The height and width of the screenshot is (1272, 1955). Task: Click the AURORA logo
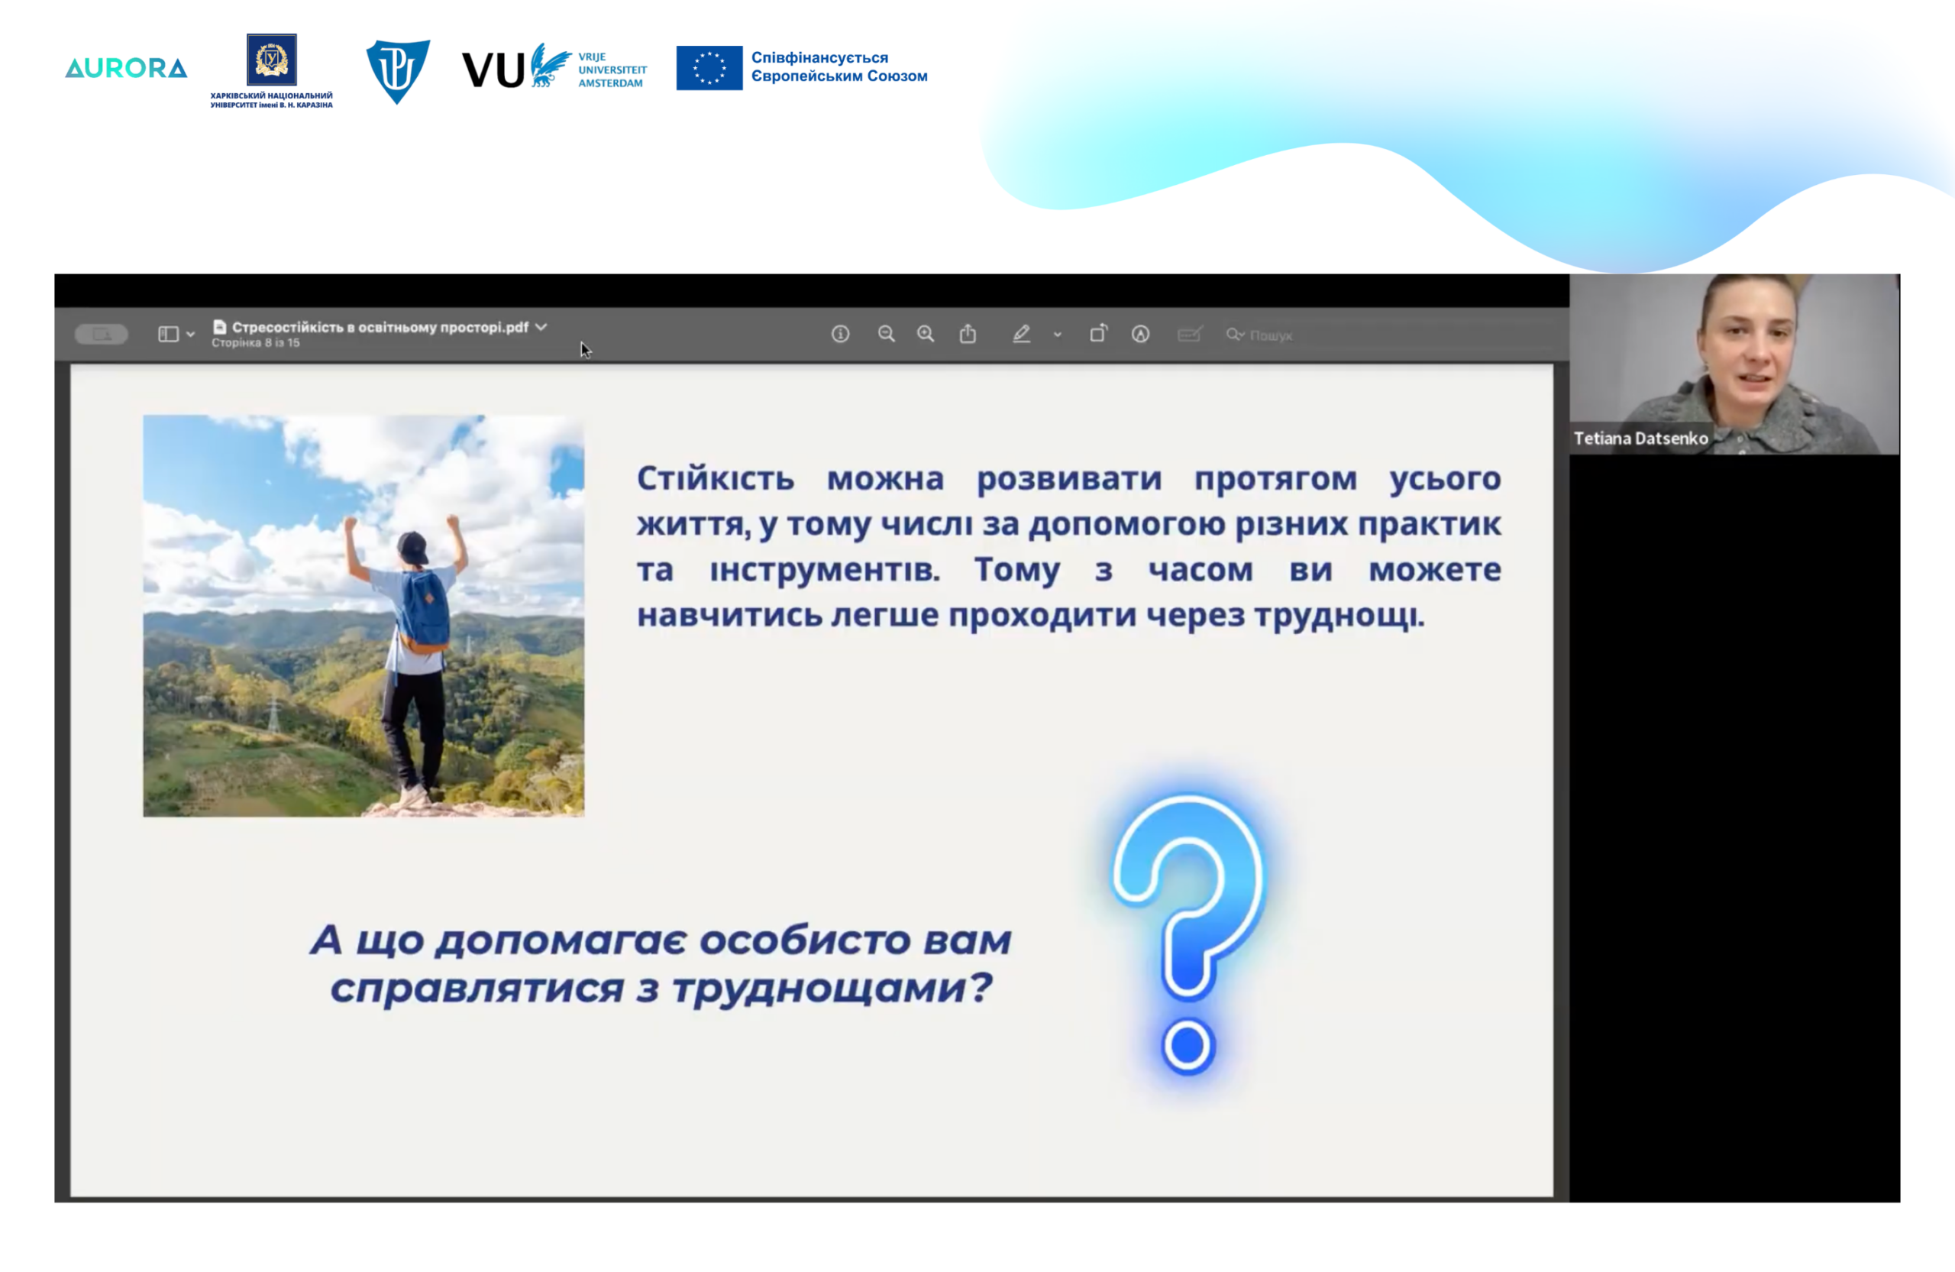click(126, 68)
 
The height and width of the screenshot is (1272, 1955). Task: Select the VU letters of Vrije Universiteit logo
click(493, 70)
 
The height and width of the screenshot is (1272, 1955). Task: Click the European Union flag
click(709, 67)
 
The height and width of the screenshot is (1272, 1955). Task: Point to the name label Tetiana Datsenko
click(1640, 439)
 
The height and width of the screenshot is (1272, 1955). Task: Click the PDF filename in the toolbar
click(380, 327)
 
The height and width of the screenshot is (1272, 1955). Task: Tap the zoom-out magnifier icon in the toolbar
click(887, 334)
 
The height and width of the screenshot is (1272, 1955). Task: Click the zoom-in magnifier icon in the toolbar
click(926, 334)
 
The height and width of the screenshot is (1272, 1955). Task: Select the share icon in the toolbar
click(968, 333)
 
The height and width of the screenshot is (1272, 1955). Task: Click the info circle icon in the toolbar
click(840, 334)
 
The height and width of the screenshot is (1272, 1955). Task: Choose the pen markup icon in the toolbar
click(1021, 334)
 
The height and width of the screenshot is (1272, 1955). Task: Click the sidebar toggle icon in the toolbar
click(169, 334)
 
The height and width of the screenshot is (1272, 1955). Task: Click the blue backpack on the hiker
click(425, 610)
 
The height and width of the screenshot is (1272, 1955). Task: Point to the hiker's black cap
click(412, 545)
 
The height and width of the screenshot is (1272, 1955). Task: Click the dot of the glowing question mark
click(1188, 1046)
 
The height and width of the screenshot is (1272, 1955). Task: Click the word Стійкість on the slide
click(716, 478)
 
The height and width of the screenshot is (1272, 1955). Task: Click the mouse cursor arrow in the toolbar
click(585, 350)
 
